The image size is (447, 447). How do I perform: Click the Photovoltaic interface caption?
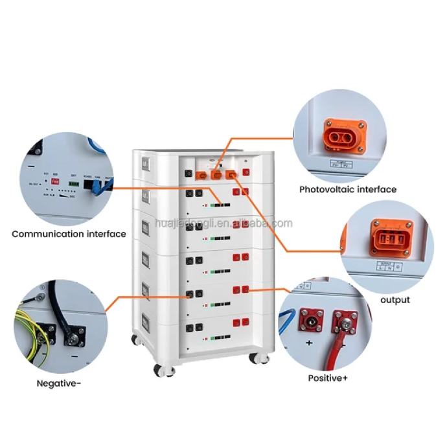point(347,190)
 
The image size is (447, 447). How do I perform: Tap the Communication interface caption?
point(69,233)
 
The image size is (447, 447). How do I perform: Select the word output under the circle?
point(395,300)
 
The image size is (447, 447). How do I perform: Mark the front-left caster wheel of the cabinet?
point(159,369)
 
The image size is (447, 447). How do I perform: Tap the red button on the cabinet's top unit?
point(245,172)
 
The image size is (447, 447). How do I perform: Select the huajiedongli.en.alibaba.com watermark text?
point(224,223)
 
